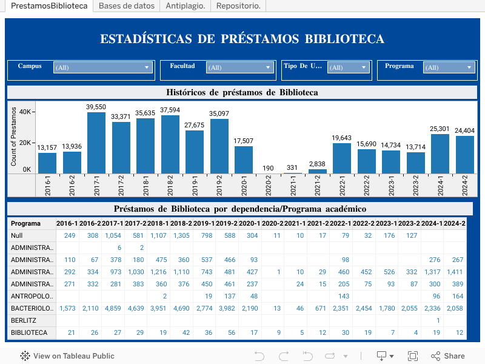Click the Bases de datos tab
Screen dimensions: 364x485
coord(126,6)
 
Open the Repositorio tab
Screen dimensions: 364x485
coord(238,6)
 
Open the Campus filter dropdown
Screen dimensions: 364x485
coord(102,68)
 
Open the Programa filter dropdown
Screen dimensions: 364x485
coord(449,68)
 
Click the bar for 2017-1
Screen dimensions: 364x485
coord(96,143)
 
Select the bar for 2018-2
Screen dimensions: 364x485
coord(170,144)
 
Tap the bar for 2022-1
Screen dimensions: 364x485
coord(342,158)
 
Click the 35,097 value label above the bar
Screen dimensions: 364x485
coord(219,113)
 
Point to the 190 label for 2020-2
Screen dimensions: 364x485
coord(268,168)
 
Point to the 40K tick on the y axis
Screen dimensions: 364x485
coord(25,112)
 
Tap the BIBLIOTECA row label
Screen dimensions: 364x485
coord(29,332)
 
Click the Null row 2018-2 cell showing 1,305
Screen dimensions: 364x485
coord(181,235)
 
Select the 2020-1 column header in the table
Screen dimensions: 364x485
coord(250,223)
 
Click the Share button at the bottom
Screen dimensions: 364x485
coord(447,356)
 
